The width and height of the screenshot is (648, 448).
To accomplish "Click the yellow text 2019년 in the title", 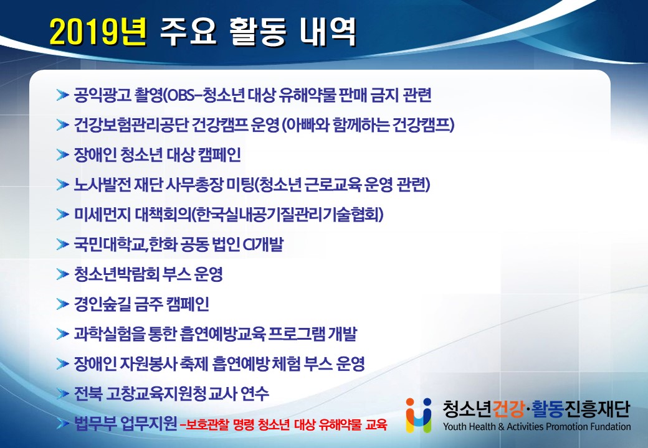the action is pyautogui.click(x=98, y=32).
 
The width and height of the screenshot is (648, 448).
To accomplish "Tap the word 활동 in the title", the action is pyautogui.click(x=257, y=32).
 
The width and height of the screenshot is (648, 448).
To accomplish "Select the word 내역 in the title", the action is pyautogui.click(x=328, y=32).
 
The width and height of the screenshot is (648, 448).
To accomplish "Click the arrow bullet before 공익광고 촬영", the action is pyautogui.click(x=62, y=95).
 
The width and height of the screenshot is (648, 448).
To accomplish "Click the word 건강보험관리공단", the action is pyautogui.click(x=131, y=125).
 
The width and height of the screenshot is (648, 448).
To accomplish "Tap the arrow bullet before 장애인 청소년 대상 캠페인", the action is pyautogui.click(x=62, y=155).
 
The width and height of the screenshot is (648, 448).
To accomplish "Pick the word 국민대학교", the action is pyautogui.click(x=109, y=244).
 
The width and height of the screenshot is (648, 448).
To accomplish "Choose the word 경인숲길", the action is pyautogui.click(x=102, y=304).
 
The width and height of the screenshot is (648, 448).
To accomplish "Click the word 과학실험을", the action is pyautogui.click(x=110, y=334).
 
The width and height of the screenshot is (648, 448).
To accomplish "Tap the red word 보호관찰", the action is pyautogui.click(x=208, y=424).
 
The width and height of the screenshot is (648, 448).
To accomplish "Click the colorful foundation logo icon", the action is pyautogui.click(x=419, y=415).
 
